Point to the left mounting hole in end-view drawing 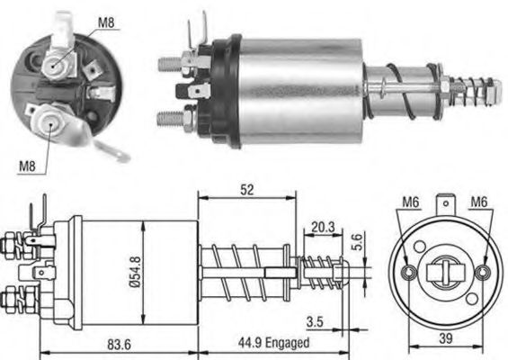(409, 272)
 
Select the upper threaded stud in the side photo (170, 64)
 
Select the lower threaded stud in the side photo (170, 117)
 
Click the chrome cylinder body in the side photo (305, 86)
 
